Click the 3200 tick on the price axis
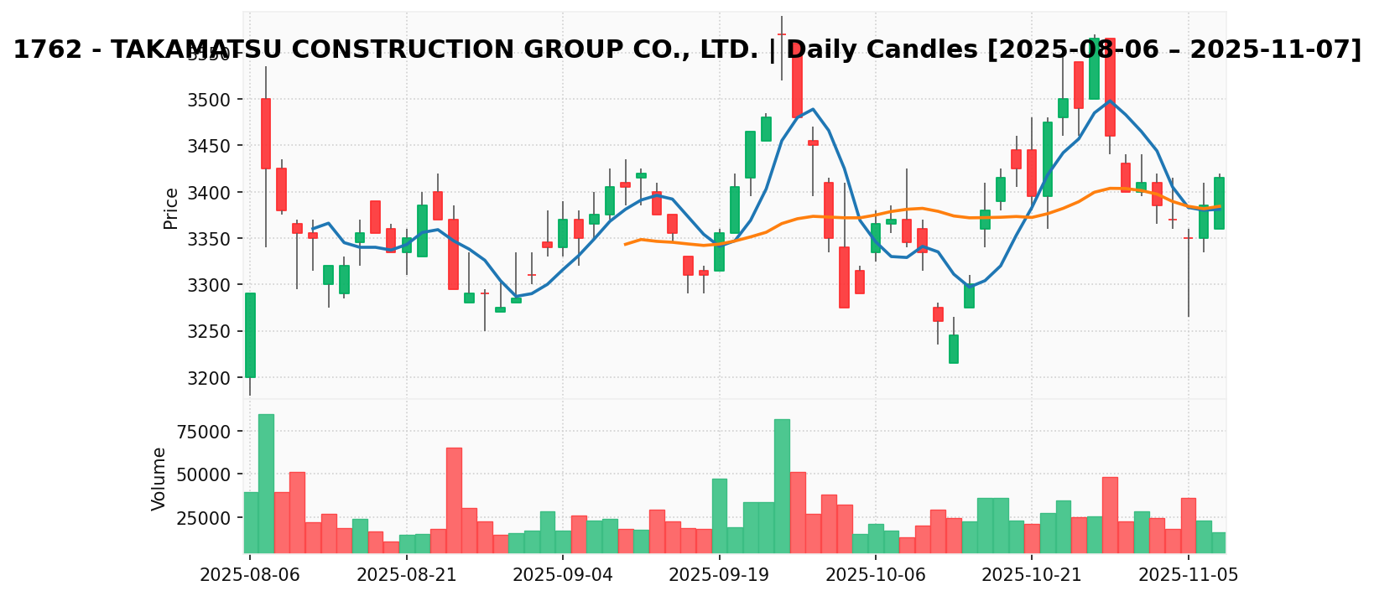click(x=212, y=378)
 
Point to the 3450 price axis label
click(x=212, y=147)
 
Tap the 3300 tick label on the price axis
click(x=212, y=286)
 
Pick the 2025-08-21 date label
click(x=407, y=577)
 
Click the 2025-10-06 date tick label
click(x=876, y=577)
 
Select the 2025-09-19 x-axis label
click(x=719, y=577)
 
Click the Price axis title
click(x=171, y=208)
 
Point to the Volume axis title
click(x=159, y=479)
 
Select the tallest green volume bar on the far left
click(x=266, y=483)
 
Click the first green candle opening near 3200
click(x=250, y=335)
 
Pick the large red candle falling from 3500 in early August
click(x=266, y=133)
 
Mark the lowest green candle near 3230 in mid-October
click(x=954, y=349)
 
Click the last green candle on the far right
click(x=1219, y=203)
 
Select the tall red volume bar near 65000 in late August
click(x=454, y=500)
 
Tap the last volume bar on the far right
click(x=1219, y=542)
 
